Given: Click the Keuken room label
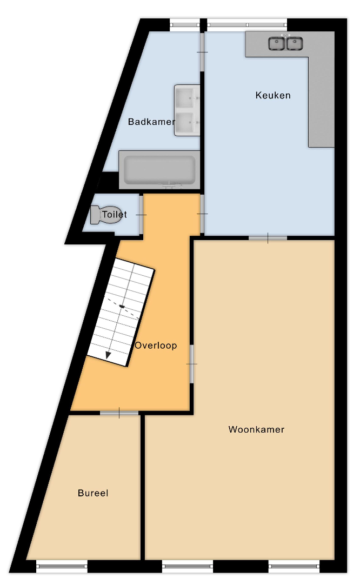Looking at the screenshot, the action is coord(273,95).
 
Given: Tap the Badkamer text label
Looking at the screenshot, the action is coord(151,122).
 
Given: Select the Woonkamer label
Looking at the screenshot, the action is coord(257,429).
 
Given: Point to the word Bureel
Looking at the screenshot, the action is coord(93,493).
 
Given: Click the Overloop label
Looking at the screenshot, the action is coord(156,345).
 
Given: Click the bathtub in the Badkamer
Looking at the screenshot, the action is coord(159,170).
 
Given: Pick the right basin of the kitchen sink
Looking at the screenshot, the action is coord(295,43).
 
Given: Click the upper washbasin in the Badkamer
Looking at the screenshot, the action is coord(187,98).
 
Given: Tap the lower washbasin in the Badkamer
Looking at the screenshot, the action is coord(187,123).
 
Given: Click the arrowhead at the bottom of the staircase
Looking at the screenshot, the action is coord(108,355).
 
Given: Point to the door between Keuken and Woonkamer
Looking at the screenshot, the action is coord(268,237).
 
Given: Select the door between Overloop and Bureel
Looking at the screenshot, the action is coord(119,413).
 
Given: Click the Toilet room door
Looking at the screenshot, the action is coord(141,215).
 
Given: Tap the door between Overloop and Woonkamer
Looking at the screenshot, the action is coord(192,364).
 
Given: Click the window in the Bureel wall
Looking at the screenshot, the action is coord(62,566).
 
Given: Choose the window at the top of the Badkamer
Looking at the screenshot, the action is coord(185,25).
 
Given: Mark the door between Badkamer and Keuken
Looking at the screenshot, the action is coord(202,52).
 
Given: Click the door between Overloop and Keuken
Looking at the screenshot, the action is coord(202,214).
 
